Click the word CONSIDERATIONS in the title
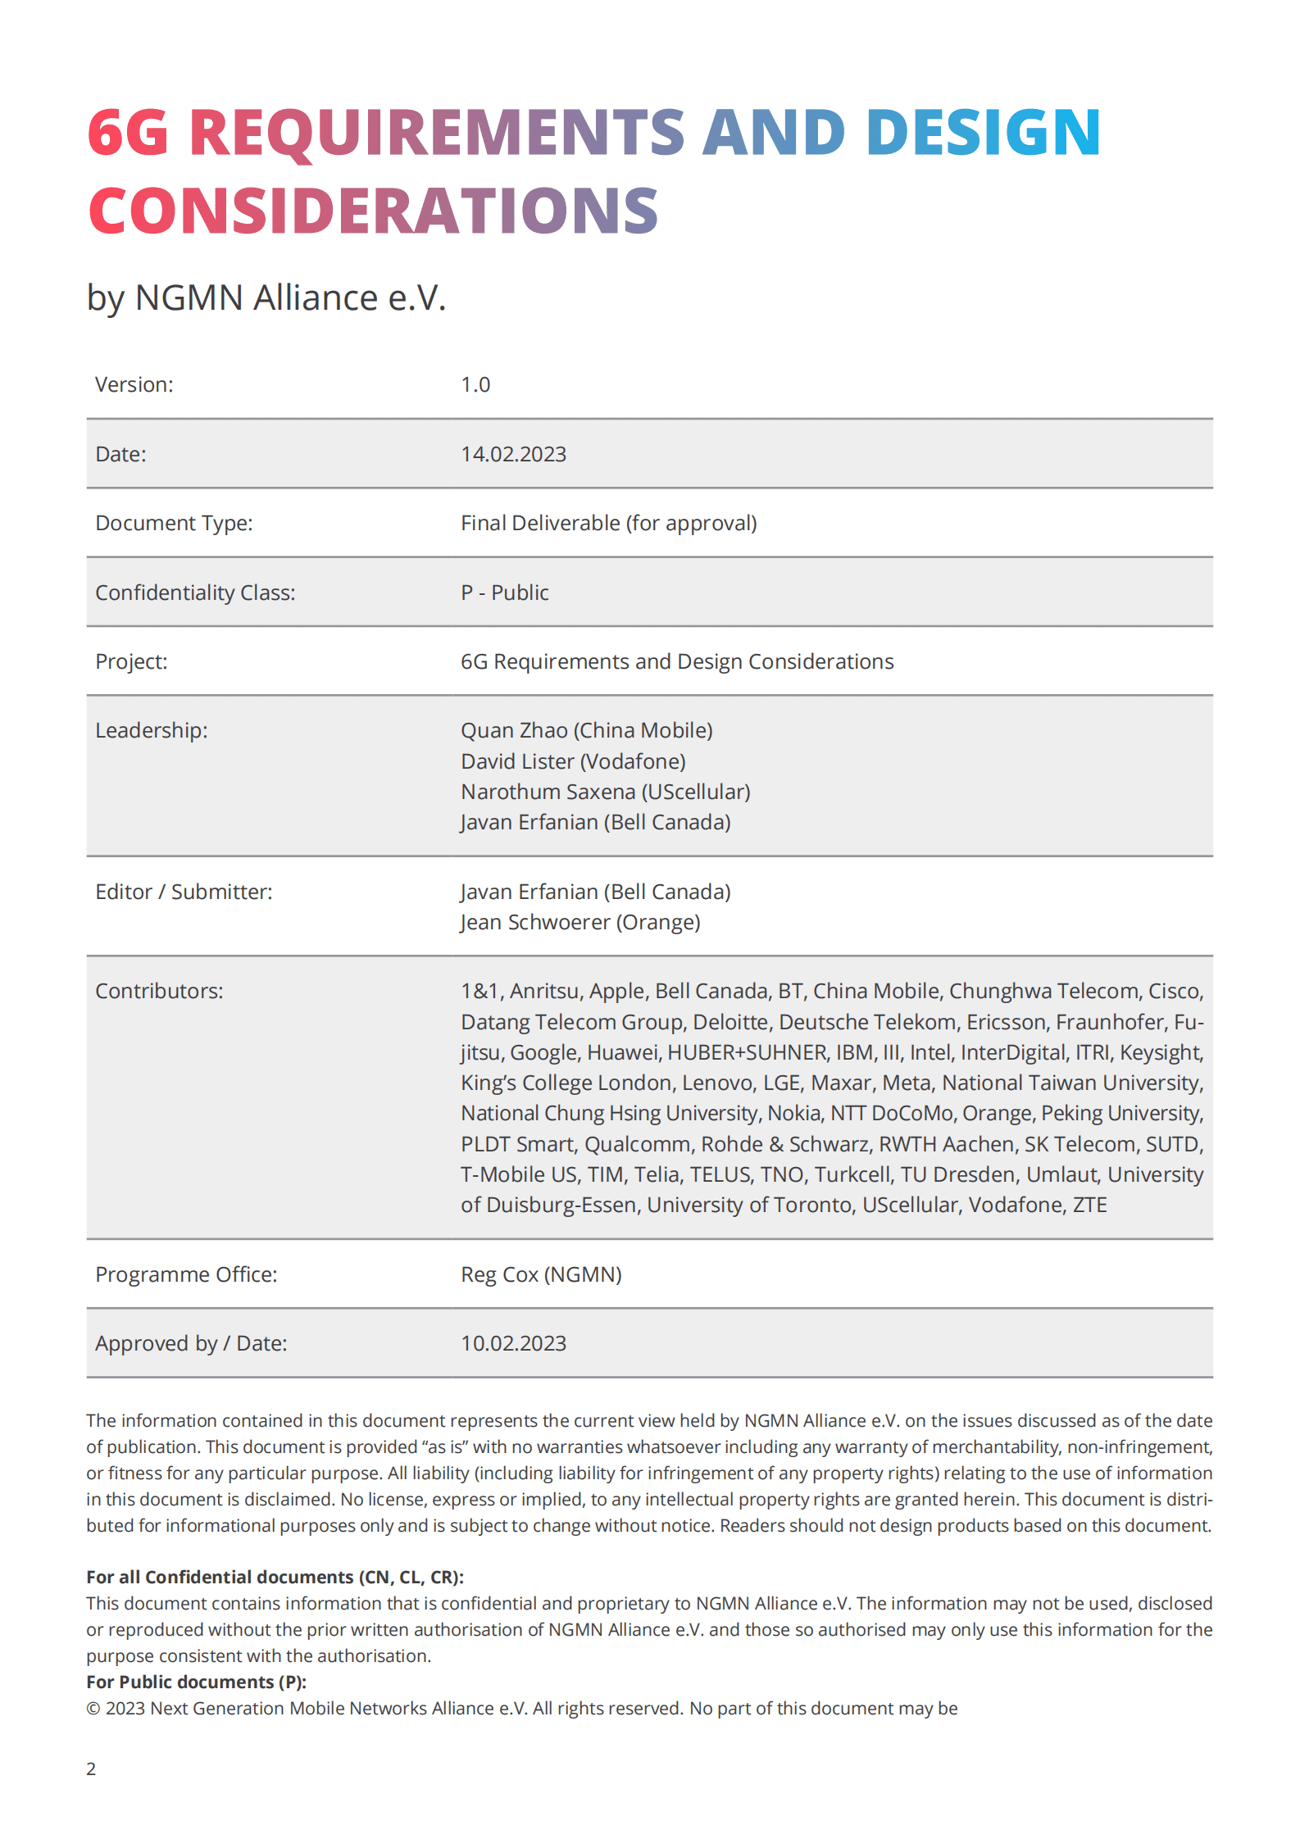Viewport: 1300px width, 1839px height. (373, 211)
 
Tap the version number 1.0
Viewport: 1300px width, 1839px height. (475, 384)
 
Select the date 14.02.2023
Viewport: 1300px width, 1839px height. (513, 454)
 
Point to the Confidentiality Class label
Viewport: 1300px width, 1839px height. (195, 593)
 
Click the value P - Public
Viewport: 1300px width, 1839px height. (504, 593)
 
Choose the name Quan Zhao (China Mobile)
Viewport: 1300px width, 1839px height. (586, 730)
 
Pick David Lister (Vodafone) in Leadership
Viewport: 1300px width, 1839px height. (573, 761)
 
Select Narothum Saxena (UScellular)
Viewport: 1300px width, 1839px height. (605, 792)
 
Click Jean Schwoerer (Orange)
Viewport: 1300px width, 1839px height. (580, 922)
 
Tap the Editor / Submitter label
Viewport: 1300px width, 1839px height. (184, 892)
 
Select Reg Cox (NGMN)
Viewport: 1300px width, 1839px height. (541, 1274)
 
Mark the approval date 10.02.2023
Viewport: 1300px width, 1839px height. (513, 1343)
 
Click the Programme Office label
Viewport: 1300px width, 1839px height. (186, 1274)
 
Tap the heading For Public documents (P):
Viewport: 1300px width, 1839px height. (196, 1682)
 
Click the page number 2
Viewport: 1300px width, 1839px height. (91, 1769)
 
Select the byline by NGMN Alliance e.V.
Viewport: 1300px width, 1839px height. (266, 297)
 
